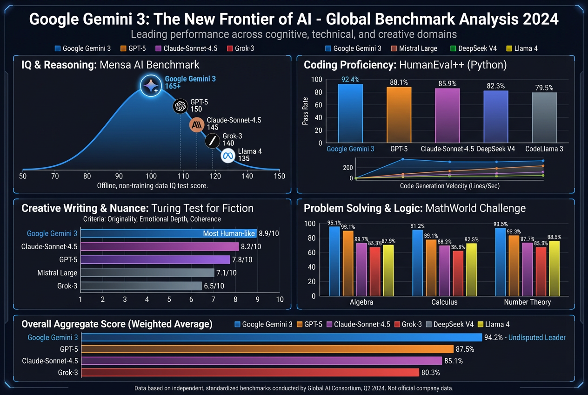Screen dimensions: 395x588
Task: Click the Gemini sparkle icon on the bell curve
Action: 151,85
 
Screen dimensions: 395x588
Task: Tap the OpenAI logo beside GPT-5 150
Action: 180,107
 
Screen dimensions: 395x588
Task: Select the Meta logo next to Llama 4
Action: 227,155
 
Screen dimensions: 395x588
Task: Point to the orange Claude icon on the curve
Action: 196,125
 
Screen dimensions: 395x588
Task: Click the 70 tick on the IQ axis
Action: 55,176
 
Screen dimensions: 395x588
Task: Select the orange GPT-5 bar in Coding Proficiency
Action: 399,115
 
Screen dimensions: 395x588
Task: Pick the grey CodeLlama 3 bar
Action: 544,117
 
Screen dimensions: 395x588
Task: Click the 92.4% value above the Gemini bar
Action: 350,80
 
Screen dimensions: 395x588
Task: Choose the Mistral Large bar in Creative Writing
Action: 147,272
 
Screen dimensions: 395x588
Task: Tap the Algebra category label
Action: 361,302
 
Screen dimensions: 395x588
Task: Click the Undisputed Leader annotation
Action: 537,337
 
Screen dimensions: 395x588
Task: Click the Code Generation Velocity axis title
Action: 450,186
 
